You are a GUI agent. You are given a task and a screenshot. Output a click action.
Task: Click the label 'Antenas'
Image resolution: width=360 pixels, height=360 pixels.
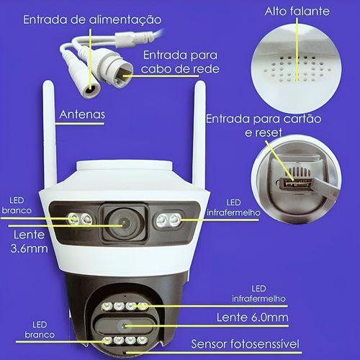pyautogui.click(x=82, y=114)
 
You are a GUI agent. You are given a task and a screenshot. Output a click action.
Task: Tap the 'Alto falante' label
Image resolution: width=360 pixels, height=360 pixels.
pyautogui.click(x=297, y=12)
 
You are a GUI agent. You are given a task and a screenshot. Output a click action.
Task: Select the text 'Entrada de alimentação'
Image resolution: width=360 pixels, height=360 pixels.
pyautogui.click(x=92, y=19)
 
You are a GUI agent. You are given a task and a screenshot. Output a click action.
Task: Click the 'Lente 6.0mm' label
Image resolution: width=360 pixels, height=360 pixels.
pyautogui.click(x=252, y=318)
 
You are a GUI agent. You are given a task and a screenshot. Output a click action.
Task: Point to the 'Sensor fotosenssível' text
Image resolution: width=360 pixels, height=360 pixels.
pyautogui.click(x=246, y=344)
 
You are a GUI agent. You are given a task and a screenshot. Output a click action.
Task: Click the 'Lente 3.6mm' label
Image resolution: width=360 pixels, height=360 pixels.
pyautogui.click(x=29, y=241)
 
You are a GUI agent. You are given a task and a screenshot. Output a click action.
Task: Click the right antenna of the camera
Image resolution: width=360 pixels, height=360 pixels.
pyautogui.click(x=199, y=135)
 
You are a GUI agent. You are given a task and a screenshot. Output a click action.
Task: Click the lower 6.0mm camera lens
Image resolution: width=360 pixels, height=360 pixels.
pyautogui.click(x=124, y=326)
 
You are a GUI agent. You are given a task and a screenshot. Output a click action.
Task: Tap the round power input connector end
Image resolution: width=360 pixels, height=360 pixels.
pyautogui.click(x=90, y=91)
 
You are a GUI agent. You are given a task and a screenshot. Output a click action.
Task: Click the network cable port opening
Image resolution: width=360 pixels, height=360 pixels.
pyautogui.click(x=123, y=75)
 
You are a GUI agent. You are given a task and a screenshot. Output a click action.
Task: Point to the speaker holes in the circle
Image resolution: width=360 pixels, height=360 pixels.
pyautogui.click(x=297, y=69)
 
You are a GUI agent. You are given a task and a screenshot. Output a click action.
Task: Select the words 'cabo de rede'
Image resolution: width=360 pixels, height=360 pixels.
pyautogui.click(x=180, y=69)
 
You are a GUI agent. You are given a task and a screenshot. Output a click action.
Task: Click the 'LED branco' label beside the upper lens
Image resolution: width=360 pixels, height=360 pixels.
pyautogui.click(x=17, y=205)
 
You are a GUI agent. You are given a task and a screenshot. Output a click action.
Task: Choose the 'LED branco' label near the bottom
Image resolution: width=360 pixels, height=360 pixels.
pyautogui.click(x=40, y=330)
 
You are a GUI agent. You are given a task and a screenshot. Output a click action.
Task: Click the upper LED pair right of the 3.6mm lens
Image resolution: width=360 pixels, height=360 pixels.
pyautogui.click(x=168, y=220)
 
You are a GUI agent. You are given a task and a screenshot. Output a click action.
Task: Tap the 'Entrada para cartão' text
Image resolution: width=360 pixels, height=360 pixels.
pyautogui.click(x=264, y=119)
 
